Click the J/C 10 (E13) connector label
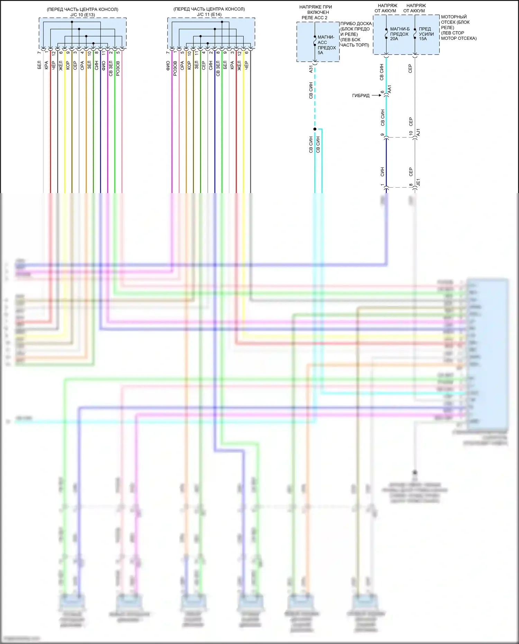pyautogui.click(x=82, y=15)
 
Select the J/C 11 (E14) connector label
pyautogui.click(x=209, y=15)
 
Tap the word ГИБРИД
pyautogui.click(x=361, y=96)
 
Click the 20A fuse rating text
pyautogui.click(x=394, y=39)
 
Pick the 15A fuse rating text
pyautogui.click(x=423, y=39)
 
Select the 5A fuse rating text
pyautogui.click(x=320, y=53)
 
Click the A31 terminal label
pyautogui.click(x=311, y=69)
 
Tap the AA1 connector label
pyautogui.click(x=390, y=89)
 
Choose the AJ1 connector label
pyautogui.click(x=418, y=132)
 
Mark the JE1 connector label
pyautogui.click(x=418, y=182)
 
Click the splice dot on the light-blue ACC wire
pyautogui.click(x=315, y=129)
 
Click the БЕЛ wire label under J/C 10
pyautogui.click(x=39, y=65)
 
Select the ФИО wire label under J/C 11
pyautogui.click(x=168, y=66)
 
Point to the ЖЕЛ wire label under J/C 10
pyautogui.click(x=61, y=65)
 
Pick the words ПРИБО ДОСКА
pyautogui.click(x=356, y=24)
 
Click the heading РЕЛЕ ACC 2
pyautogui.click(x=314, y=18)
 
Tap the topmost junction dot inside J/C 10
pyautogui.click(x=72, y=22)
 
